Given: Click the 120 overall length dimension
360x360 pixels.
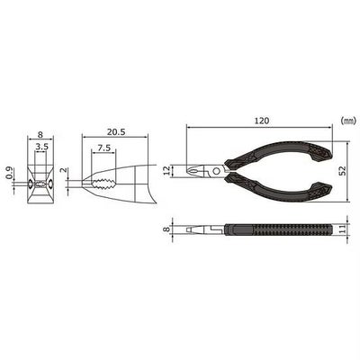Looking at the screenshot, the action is coord(262,121).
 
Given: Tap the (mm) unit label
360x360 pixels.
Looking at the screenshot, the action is coord(348,121).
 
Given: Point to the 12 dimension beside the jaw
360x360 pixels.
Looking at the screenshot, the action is coord(167,171).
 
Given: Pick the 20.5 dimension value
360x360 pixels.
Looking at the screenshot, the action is coord(115,132).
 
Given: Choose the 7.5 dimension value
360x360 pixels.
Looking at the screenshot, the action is coord(103,148).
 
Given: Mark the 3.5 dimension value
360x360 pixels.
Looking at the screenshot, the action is coord(41,147).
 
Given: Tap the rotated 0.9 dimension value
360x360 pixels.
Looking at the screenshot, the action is coord(9,173).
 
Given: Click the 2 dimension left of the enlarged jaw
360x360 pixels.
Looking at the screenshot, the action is coord(62,170).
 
